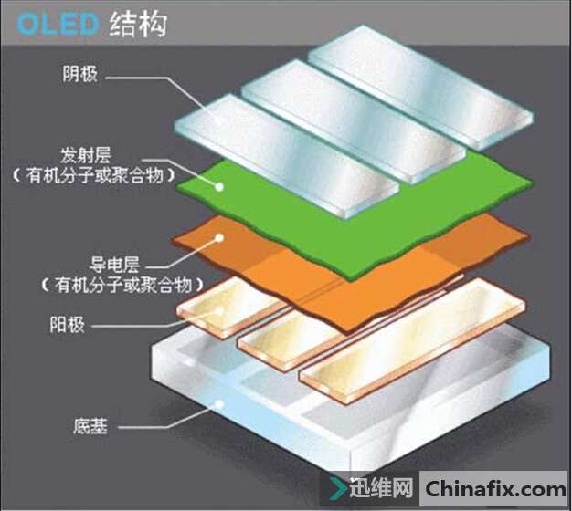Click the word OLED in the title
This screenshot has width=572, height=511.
pyautogui.click(x=58, y=25)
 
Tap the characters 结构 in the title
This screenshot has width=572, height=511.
pyautogui.click(x=138, y=25)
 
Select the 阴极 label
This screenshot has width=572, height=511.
pyautogui.click(x=79, y=74)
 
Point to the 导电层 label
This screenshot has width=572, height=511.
pyautogui.click(x=114, y=265)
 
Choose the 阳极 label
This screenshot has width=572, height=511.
pyautogui.click(x=67, y=324)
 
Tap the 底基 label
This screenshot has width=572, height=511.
pyautogui.click(x=90, y=426)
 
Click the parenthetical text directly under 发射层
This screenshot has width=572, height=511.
pyautogui.click(x=94, y=176)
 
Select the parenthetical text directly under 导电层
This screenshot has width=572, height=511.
pyautogui.click(x=122, y=285)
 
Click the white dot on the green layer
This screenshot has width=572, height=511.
pyautogui.click(x=219, y=187)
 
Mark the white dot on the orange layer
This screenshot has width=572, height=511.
pyautogui.click(x=219, y=238)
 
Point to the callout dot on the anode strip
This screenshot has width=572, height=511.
pyautogui.click(x=219, y=310)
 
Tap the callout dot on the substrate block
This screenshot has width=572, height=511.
pyautogui.click(x=219, y=403)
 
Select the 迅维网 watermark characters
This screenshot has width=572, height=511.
pyautogui.click(x=381, y=487)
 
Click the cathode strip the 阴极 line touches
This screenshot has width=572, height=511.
pyautogui.click(x=287, y=157)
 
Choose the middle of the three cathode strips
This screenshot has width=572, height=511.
pyautogui.click(x=353, y=122)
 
